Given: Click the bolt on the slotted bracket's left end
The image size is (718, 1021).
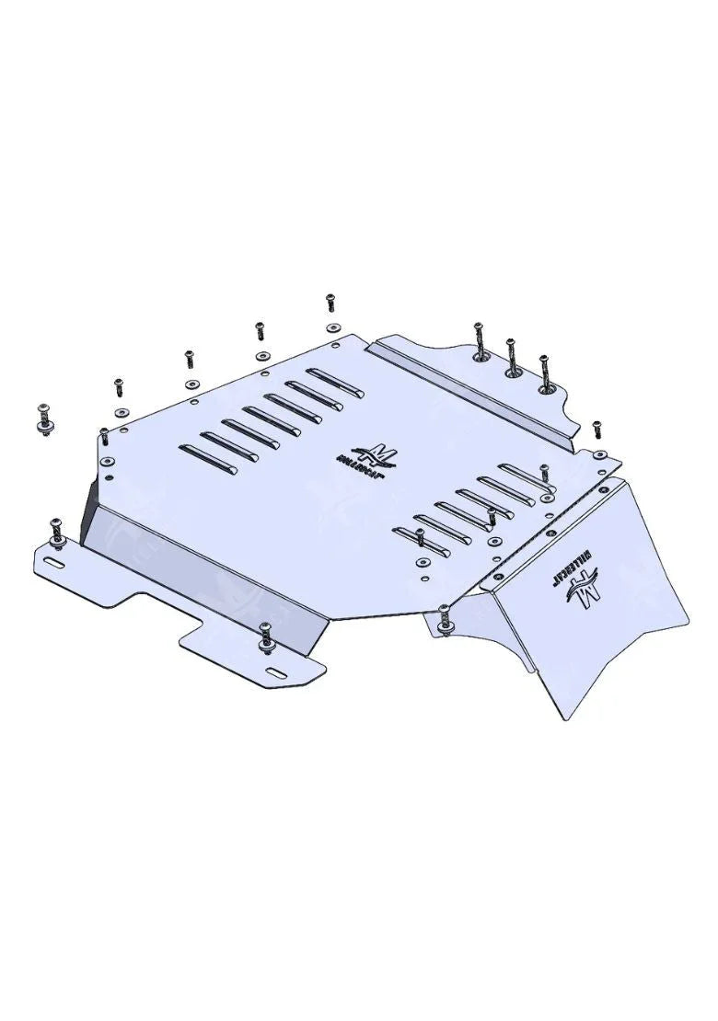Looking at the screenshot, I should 56,530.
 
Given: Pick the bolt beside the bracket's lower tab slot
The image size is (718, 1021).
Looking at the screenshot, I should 266,635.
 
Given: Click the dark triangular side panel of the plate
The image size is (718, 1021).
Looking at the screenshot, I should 91,515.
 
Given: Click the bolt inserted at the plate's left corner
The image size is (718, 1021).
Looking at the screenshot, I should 105,434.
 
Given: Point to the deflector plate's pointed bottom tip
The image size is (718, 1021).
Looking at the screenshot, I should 561,717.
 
